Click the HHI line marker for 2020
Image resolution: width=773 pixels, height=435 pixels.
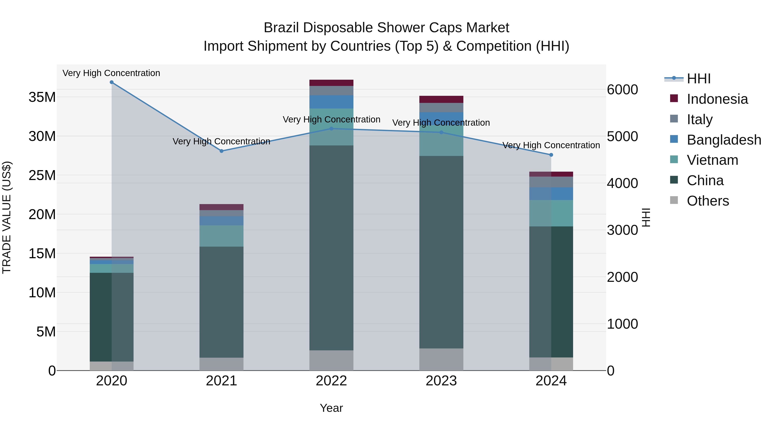112,82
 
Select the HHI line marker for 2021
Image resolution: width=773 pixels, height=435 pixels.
221,151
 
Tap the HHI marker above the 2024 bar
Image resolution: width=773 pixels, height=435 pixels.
551,155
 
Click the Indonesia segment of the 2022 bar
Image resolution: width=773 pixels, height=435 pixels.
331,83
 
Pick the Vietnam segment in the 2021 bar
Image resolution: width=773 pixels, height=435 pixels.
221,236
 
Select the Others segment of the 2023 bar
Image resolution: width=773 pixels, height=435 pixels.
441,359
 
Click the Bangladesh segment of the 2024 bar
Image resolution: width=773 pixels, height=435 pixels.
551,194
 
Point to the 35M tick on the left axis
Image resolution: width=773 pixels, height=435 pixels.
42,97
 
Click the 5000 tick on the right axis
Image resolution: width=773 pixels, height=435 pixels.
622,137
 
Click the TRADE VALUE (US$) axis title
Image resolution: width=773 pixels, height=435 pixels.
7,217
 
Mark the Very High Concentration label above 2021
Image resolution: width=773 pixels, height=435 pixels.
221,141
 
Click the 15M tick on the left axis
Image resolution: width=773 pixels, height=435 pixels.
42,254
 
